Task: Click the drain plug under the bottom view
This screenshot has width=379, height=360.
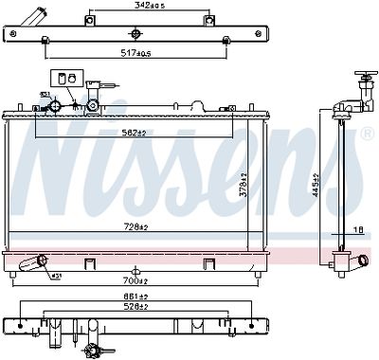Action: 95,351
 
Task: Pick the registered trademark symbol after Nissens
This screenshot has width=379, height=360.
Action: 366,135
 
